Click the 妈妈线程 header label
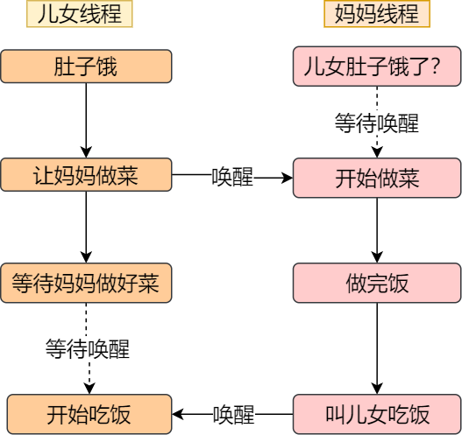click(377, 15)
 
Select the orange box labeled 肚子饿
click(86, 67)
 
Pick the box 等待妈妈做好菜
click(86, 284)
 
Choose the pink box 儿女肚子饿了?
click(377, 67)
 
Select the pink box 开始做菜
click(377, 178)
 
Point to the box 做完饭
click(377, 284)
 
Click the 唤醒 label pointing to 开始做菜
click(232, 178)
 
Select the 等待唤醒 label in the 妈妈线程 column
click(377, 123)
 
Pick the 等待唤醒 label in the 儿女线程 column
click(87, 349)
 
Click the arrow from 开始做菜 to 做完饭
click(377, 230)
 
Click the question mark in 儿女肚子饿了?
click(435, 67)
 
